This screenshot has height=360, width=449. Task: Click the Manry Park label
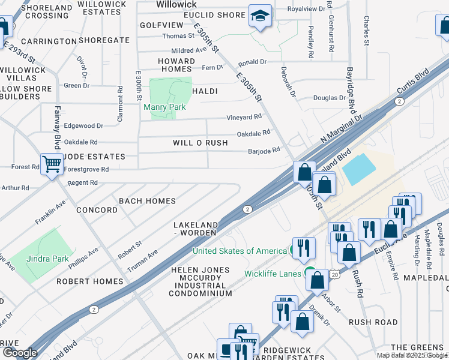pos(164,107)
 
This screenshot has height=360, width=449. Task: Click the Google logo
pos(19,353)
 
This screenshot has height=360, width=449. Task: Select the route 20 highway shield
pos(334,274)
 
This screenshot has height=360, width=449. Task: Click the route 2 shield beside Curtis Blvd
pos(399,102)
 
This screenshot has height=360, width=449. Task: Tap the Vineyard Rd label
pos(244,117)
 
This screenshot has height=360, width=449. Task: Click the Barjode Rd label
pos(264,151)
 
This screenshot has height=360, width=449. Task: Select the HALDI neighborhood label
pos(204,91)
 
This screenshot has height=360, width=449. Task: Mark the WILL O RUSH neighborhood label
pos(200,143)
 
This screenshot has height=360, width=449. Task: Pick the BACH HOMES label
pos(147,201)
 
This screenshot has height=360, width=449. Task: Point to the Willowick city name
pos(176,4)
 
